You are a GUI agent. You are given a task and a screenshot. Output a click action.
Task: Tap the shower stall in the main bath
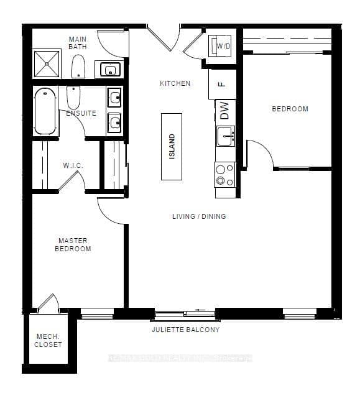tap(48, 63)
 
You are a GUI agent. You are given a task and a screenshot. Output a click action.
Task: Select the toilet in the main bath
tap(78, 66)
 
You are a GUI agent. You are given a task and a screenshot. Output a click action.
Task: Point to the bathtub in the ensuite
tap(45, 111)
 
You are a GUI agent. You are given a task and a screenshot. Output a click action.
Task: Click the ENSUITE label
tap(81, 113)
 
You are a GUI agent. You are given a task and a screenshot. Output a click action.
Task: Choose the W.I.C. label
tap(73, 165)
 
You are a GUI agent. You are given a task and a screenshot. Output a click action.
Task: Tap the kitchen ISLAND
tap(172, 146)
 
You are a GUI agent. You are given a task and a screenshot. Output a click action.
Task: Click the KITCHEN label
tap(175, 83)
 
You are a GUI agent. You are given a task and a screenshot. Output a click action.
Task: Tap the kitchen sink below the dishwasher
tap(225, 134)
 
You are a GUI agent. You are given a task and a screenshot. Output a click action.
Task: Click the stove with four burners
tap(224, 175)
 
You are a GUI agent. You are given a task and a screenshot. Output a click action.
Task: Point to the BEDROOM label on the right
tap(290, 109)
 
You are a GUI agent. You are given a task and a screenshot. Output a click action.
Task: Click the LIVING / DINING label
tap(199, 216)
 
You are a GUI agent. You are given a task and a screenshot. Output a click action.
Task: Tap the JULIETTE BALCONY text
tap(185, 330)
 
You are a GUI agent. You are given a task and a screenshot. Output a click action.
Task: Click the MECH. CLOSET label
tap(48, 340)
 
